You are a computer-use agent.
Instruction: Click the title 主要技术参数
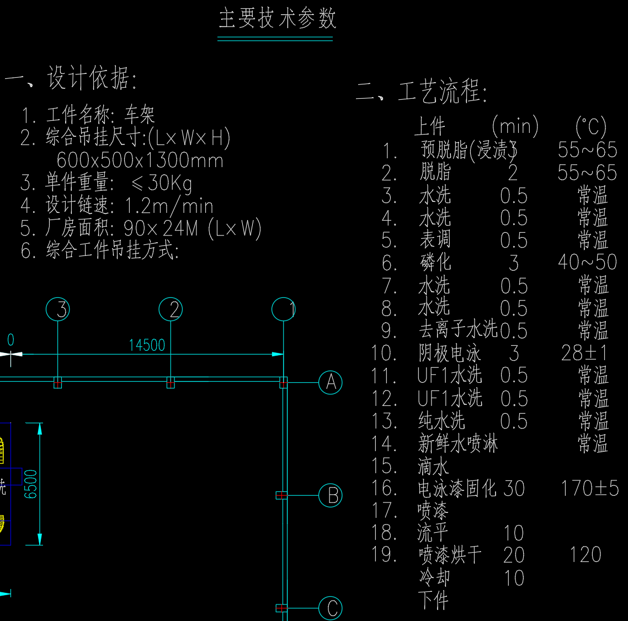[x=277, y=18]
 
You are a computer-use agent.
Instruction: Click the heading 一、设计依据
[x=71, y=78]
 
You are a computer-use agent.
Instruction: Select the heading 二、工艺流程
[x=422, y=92]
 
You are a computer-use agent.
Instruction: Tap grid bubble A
[x=331, y=382]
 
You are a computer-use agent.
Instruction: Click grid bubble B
[x=331, y=495]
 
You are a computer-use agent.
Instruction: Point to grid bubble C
[x=331, y=608]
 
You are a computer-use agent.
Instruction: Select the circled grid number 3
[x=58, y=309]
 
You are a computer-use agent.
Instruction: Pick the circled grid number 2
[x=171, y=309]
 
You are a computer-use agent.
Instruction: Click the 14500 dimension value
[x=147, y=345]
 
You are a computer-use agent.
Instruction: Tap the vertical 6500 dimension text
[x=31, y=484]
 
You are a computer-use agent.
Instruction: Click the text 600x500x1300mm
[x=140, y=160]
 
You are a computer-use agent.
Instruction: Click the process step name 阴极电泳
[x=449, y=354]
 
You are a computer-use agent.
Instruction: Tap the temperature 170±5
[x=589, y=489]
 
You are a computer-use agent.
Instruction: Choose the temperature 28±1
[x=584, y=353]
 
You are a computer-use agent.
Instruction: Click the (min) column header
[x=514, y=127]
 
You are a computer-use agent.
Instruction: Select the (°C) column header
[x=590, y=127]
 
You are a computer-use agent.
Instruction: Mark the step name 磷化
[x=435, y=263]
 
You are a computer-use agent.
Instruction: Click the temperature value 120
[x=585, y=555]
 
